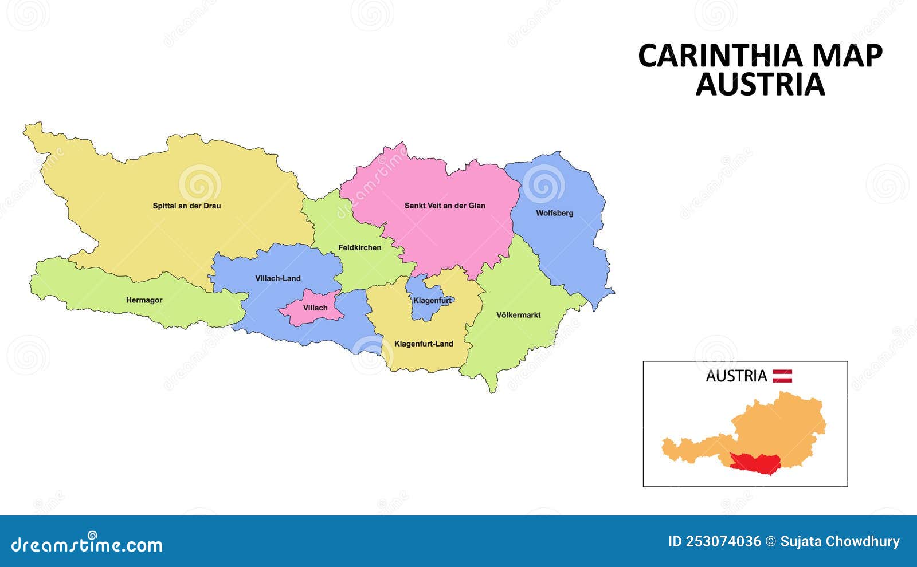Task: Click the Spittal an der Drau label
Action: [186, 206]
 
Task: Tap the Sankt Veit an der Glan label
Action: [445, 206]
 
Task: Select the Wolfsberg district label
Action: [554, 213]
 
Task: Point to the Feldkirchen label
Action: [359, 247]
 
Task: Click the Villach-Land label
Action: [277, 278]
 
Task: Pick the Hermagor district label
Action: [144, 300]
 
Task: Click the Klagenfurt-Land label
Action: [424, 344]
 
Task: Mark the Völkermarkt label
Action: [518, 315]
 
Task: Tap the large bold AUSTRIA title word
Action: [760, 84]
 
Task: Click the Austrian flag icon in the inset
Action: [782, 376]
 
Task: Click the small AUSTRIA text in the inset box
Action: [736, 376]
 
